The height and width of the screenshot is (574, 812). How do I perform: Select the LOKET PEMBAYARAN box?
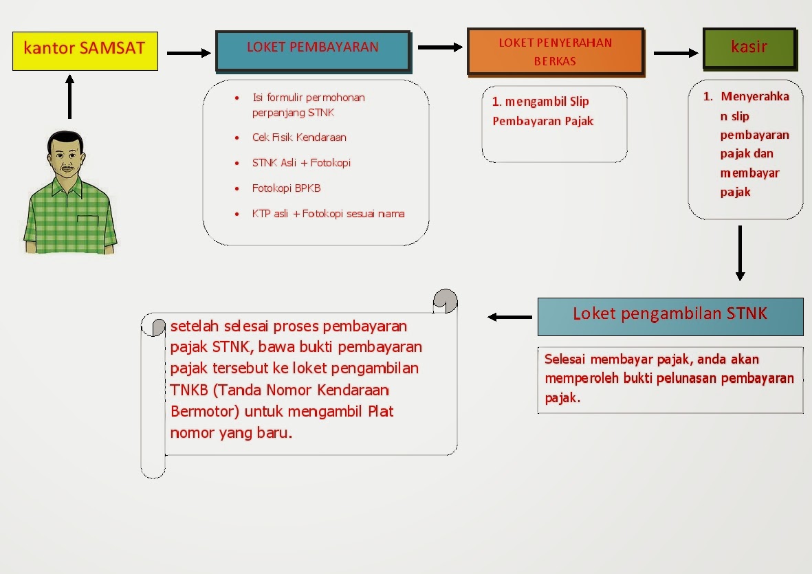(x=313, y=49)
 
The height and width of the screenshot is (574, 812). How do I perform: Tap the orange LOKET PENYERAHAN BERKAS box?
(x=555, y=51)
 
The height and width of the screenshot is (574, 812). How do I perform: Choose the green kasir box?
(x=749, y=48)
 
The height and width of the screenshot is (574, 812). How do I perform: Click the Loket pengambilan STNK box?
(x=670, y=316)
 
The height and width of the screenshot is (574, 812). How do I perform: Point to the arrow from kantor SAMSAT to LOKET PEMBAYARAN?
(x=188, y=53)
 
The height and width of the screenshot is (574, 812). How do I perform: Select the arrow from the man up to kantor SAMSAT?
(x=69, y=96)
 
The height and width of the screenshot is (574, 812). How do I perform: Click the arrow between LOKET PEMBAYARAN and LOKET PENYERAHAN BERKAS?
(x=440, y=47)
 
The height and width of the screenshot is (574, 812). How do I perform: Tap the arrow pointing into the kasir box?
(x=675, y=53)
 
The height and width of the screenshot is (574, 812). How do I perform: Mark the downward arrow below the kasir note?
(x=740, y=253)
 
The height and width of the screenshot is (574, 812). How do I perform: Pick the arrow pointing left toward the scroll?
(x=509, y=317)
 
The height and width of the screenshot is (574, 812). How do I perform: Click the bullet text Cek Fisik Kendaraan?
(x=299, y=137)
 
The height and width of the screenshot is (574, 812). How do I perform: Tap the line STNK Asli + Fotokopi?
(x=301, y=163)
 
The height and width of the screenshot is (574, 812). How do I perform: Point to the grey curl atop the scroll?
(x=446, y=300)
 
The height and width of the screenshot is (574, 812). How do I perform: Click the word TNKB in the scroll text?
(x=189, y=390)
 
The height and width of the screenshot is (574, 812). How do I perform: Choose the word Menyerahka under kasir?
(x=754, y=97)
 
